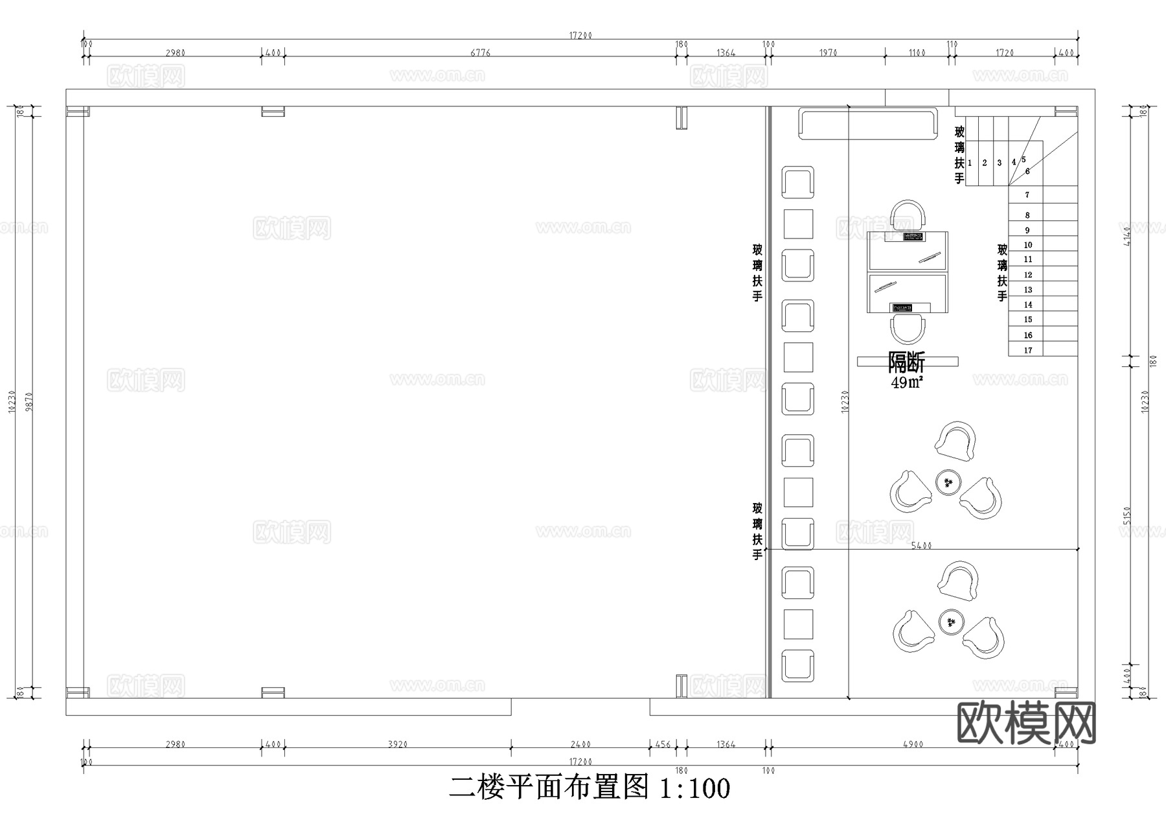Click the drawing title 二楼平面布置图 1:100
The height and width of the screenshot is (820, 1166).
tap(589, 788)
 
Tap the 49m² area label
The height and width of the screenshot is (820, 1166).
tap(906, 382)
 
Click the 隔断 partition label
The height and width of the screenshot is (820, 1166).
tap(906, 362)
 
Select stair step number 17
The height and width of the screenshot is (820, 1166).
tap(1028, 351)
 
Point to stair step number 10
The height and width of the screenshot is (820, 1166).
tap(1028, 245)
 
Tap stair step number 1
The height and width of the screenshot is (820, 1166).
tap(970, 163)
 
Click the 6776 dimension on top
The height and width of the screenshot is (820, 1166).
tap(480, 53)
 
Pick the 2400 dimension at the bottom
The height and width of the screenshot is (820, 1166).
tap(580, 744)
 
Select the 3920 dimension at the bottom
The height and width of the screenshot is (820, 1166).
tap(398, 744)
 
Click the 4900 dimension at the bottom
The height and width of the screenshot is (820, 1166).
tap(912, 744)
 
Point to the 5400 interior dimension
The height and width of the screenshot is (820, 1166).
tap(921, 546)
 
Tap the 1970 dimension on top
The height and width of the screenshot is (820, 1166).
tap(828, 53)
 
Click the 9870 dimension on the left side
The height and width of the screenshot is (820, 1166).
tap(28, 402)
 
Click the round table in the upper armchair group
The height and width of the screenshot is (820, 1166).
tap(948, 482)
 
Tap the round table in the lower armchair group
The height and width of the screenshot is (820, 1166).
tap(951, 622)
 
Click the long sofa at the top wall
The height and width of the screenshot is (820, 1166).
tap(868, 123)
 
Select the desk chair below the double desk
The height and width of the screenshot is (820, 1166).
tap(908, 329)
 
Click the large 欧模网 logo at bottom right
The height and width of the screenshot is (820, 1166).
tap(1026, 723)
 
